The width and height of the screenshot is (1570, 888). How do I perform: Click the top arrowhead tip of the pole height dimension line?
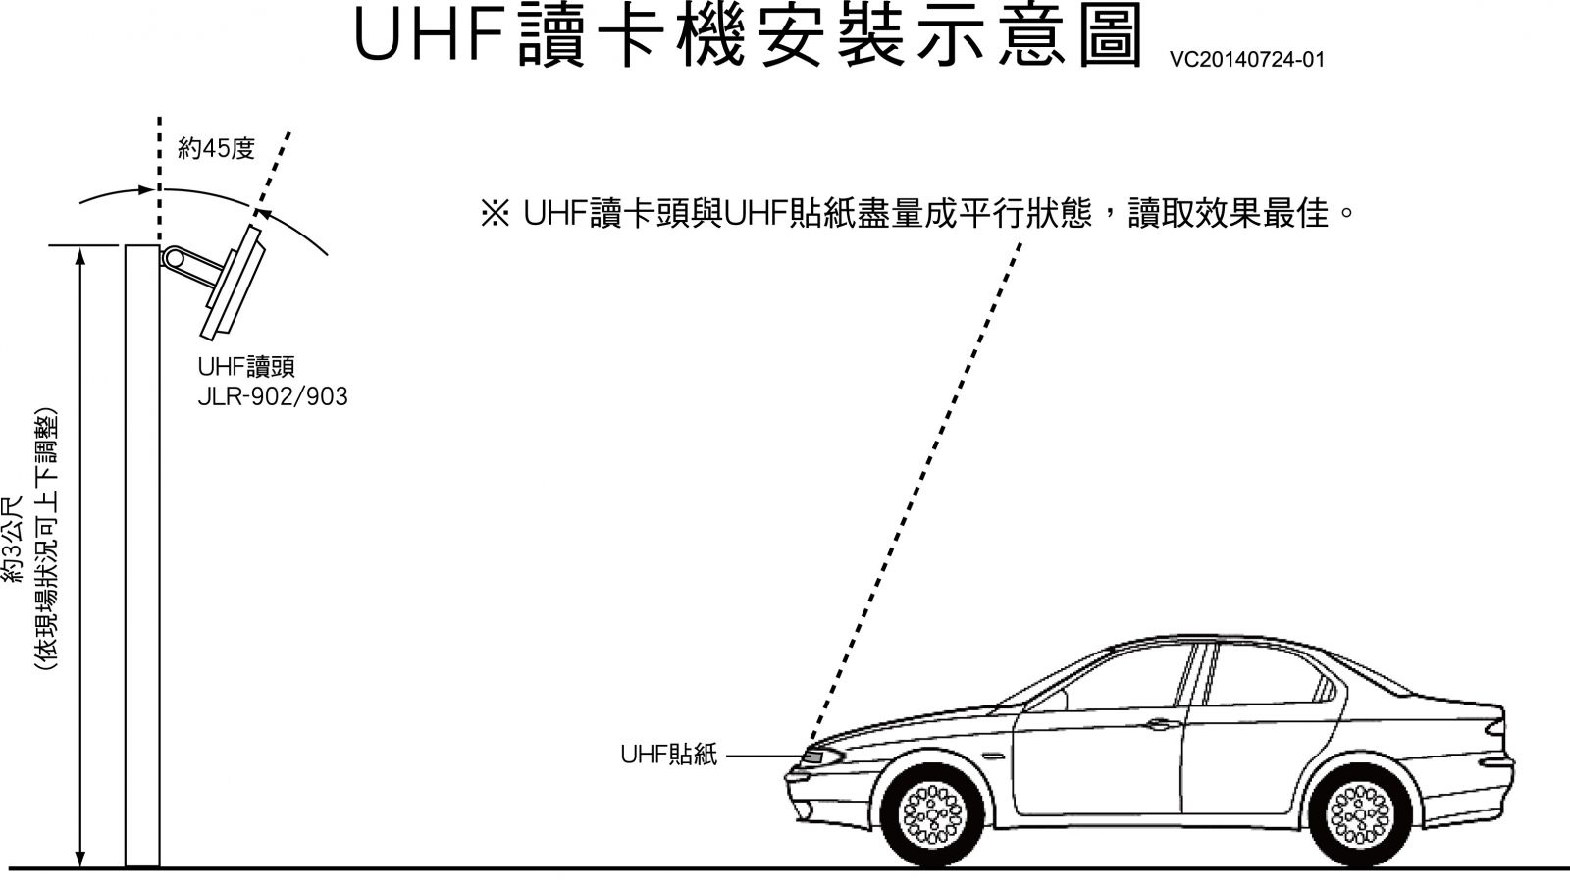79,247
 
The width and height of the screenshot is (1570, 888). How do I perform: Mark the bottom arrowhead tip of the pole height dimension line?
79,867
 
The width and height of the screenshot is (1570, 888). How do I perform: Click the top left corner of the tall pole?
126,245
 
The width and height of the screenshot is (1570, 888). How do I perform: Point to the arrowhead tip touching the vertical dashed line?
155,190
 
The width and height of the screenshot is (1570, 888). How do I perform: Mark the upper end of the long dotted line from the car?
1020,243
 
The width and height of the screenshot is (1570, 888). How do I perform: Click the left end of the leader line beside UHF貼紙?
726,757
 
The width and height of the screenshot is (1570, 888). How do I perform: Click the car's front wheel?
932,815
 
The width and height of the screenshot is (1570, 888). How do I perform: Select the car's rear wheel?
1360,815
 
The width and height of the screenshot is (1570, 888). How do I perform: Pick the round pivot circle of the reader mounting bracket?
173,259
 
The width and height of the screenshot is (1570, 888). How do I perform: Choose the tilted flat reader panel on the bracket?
232,283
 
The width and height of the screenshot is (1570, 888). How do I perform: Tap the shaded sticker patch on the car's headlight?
813,757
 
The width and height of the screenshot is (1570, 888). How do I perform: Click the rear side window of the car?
1270,674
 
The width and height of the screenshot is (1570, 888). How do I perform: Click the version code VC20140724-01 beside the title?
1247,60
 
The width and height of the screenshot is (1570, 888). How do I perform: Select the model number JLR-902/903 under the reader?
273,396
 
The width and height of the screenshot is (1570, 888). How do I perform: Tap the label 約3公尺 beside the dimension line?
14,539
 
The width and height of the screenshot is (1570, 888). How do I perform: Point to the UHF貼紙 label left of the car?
668,755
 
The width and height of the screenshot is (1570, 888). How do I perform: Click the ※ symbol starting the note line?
496,213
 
